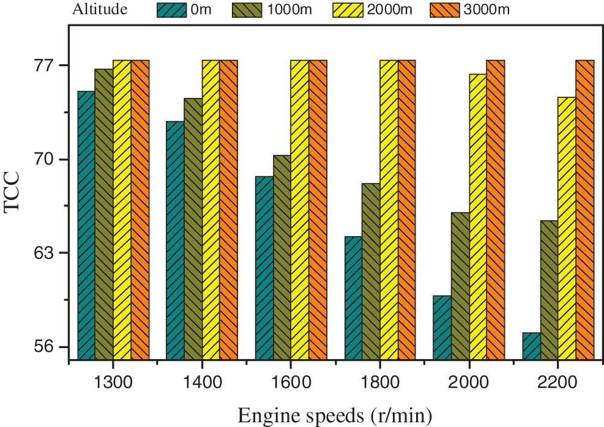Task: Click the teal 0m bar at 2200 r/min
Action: (531, 346)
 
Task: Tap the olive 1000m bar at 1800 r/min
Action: (371, 271)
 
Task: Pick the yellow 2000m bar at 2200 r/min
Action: (567, 228)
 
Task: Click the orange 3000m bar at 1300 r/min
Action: (140, 209)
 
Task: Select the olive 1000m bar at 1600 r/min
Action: (282, 257)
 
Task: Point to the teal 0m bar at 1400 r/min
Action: (175, 240)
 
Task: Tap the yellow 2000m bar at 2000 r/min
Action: (477, 216)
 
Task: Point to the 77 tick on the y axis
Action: (48, 65)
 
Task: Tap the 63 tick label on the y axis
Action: (48, 253)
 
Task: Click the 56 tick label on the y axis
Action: (48, 347)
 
